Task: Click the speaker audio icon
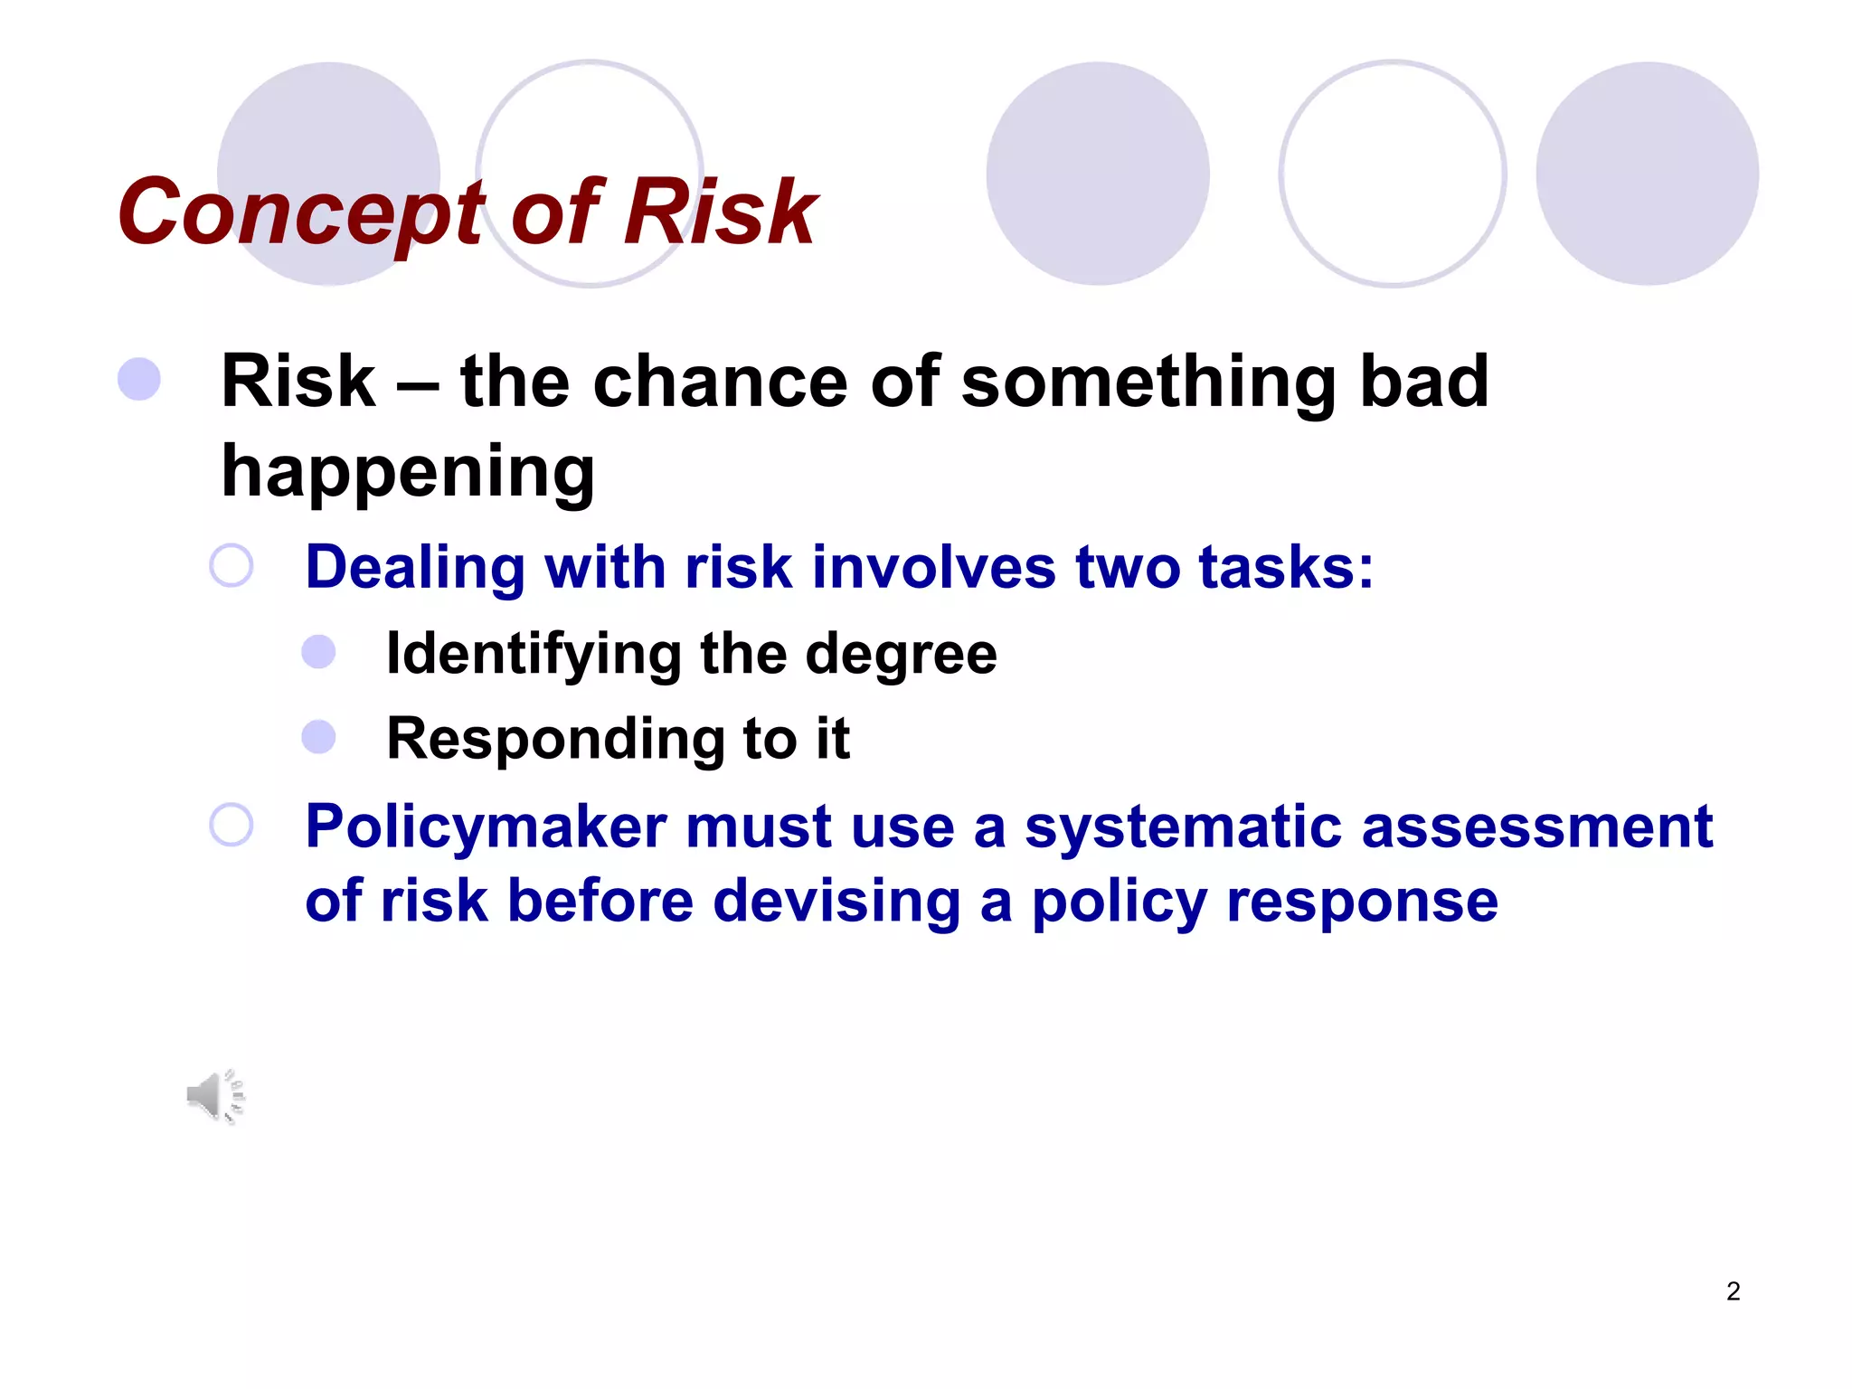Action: [x=215, y=1096]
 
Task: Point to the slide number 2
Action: [x=1733, y=1291]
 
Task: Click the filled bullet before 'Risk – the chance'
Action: [x=139, y=379]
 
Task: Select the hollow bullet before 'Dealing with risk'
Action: [x=231, y=566]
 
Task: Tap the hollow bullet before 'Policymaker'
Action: [x=231, y=825]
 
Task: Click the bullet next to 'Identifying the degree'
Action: [x=318, y=652]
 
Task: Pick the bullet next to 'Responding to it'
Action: [x=318, y=736]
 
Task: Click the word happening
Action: [x=408, y=472]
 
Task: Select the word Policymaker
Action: [x=486, y=827]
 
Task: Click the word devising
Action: [x=836, y=902]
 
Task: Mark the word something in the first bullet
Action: [x=1148, y=381]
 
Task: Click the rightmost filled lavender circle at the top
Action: [x=1647, y=174]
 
